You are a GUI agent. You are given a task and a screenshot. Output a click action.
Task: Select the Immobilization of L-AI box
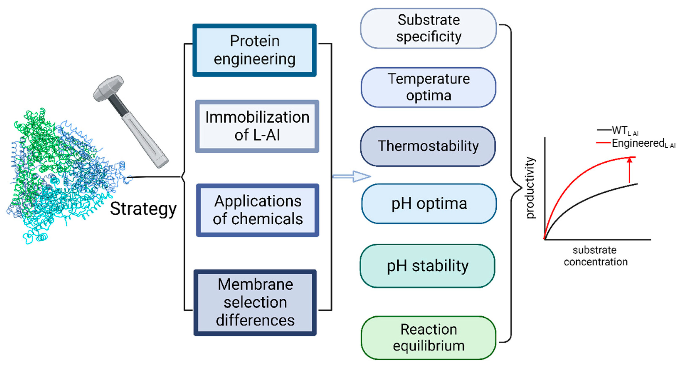pos(257,126)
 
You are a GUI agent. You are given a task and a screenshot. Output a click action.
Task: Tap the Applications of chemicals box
pos(258,210)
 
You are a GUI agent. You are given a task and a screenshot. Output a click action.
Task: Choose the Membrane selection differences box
pos(255,302)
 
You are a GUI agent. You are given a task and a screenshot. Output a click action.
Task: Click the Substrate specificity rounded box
pos(428,28)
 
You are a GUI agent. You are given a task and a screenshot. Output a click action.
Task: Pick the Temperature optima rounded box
pos(428,87)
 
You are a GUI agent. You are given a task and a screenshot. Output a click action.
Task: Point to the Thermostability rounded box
pos(428,146)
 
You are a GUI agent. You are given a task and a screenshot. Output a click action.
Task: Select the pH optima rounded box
pos(429,204)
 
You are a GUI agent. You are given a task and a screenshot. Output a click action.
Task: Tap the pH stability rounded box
pos(427,266)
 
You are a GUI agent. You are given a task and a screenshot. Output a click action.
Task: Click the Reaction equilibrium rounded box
pos(428,337)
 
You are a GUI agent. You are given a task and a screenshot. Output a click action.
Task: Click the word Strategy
pos(143,209)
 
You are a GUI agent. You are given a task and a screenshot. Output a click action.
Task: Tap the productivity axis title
pos(530,188)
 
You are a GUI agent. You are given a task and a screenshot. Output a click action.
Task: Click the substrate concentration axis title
pos(595,256)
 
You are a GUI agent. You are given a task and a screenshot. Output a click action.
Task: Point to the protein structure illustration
pos(61,175)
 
